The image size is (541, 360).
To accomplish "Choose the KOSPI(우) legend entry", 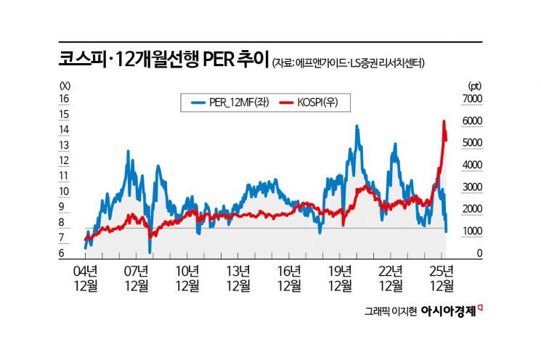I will (313, 104).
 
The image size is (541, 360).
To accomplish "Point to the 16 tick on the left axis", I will (63, 99).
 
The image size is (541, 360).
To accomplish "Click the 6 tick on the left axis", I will (63, 253).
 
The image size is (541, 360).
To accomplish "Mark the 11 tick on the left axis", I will (63, 176).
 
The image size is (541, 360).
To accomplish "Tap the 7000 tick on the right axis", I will (471, 99).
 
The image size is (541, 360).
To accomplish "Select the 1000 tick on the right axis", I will (471, 231).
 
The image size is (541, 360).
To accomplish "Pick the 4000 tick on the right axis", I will (471, 165).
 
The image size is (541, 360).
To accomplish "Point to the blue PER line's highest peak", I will (357, 126).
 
